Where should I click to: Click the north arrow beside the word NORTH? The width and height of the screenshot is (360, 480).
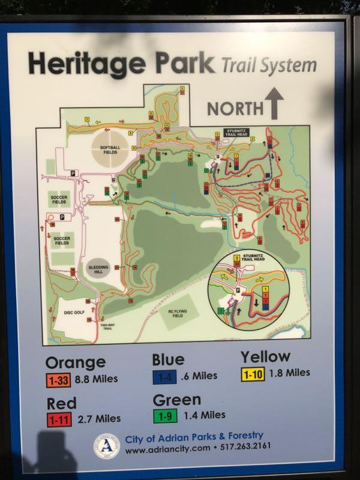point(275,103)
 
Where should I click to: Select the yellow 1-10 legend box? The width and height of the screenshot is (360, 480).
point(254,373)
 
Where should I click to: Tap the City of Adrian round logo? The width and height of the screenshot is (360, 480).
point(106,446)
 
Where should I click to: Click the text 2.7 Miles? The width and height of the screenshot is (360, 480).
point(100,419)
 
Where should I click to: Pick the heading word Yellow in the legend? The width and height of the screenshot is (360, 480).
point(266,356)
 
